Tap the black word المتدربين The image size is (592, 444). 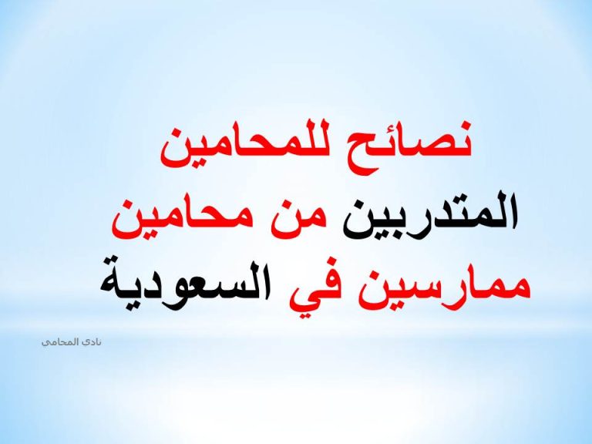click(429, 215)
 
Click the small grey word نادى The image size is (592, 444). click(92, 342)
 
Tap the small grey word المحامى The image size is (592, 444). click(60, 342)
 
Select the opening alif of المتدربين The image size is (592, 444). click(513, 210)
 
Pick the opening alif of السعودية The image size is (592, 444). click(266, 278)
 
